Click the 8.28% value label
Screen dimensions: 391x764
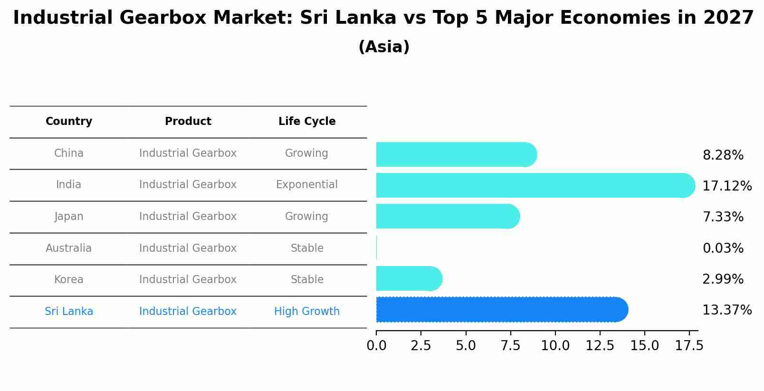723,155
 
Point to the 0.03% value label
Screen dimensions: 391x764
723,248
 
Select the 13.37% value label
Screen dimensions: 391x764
726,310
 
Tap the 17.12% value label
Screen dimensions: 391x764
726,186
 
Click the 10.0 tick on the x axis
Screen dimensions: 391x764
555,346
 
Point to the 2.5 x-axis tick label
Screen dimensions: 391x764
420,346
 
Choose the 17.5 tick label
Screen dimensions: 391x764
689,346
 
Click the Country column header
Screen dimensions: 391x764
69,122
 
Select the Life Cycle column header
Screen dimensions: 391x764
307,122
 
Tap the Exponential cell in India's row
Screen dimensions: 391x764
307,184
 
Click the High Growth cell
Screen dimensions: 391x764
307,311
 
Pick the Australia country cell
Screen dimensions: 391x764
69,248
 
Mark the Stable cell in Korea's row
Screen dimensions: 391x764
307,279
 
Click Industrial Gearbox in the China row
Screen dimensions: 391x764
188,153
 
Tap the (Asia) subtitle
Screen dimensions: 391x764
384,47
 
